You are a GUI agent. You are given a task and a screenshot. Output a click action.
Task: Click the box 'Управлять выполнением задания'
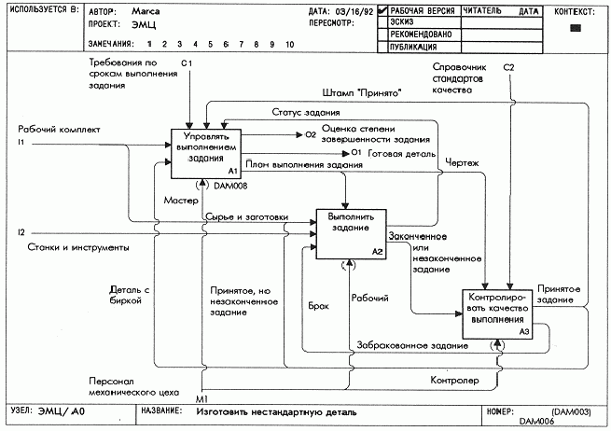[x=205, y=150]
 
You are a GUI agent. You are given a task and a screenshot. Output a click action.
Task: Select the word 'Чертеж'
[x=464, y=163]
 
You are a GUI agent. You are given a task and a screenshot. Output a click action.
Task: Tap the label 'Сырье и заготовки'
[x=246, y=216]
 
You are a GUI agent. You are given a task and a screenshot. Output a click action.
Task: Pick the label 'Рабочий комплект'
[x=58, y=130]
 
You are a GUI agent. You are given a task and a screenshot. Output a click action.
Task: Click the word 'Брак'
[x=318, y=305]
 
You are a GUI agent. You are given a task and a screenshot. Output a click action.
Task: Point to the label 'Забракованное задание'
[x=412, y=346]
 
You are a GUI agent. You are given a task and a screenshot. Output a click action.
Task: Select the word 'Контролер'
[x=454, y=381]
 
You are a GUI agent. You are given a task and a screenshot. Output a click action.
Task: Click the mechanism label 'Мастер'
[x=180, y=200]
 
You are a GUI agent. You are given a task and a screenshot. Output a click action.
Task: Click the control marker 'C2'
[x=508, y=67]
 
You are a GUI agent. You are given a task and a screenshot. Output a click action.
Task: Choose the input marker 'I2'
[x=21, y=231]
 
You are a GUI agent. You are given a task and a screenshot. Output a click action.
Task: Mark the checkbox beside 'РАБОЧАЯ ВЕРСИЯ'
[x=382, y=12]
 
